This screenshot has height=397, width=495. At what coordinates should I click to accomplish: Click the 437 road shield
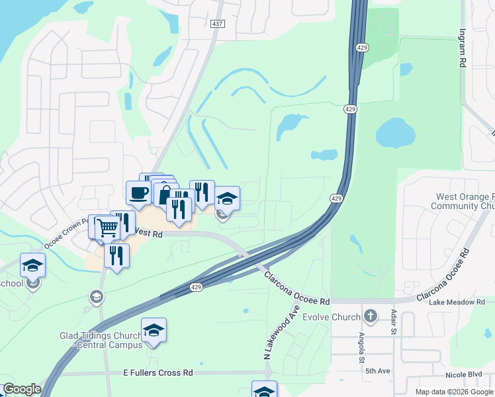[217, 24]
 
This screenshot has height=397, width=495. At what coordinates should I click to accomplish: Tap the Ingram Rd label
[461, 48]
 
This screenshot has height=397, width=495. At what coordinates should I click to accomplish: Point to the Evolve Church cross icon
[370, 316]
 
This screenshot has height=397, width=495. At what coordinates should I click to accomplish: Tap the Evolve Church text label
[332, 317]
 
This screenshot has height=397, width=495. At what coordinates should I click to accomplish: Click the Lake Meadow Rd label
[457, 302]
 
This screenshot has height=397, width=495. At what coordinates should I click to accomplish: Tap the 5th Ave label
[377, 371]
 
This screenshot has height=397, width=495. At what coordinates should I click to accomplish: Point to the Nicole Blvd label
[465, 374]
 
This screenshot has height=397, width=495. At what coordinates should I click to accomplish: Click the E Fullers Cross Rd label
[158, 373]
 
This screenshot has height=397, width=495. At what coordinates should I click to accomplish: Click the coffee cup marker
[139, 193]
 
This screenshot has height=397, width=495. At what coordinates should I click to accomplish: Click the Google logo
[22, 389]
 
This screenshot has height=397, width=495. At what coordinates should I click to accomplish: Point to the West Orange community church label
[463, 201]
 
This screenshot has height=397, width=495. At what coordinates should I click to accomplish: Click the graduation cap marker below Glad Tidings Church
[154, 330]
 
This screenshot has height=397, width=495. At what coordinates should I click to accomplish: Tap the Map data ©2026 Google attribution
[453, 392]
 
